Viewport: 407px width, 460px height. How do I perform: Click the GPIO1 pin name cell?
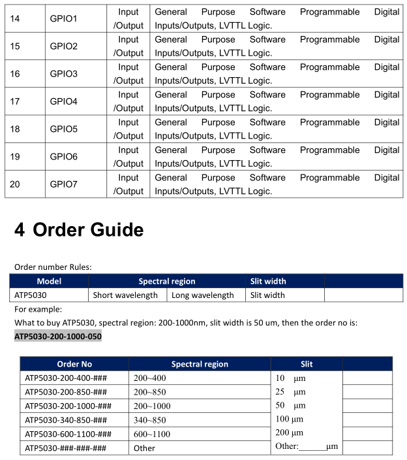[x=63, y=19]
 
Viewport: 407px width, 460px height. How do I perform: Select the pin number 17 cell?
[x=15, y=102]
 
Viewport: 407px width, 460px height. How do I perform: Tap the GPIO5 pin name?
[x=63, y=129]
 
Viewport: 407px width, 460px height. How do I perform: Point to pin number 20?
[x=15, y=185]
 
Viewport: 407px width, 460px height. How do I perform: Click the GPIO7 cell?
[x=63, y=185]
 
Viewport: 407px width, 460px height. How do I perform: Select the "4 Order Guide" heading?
[x=79, y=230]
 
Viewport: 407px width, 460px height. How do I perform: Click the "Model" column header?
[x=49, y=281]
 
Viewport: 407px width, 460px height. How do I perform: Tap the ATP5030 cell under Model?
[x=30, y=295]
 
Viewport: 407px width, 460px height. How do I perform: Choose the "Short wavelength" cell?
[x=125, y=295]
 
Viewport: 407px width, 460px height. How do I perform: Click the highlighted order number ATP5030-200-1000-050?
[x=58, y=337]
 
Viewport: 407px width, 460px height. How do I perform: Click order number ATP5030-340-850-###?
[x=65, y=419]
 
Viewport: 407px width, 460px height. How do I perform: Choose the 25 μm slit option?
[x=290, y=392]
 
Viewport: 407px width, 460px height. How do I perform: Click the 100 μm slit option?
[x=290, y=419]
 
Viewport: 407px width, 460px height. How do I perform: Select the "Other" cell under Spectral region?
[x=145, y=448]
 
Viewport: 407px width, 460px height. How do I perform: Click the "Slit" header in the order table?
[x=307, y=364]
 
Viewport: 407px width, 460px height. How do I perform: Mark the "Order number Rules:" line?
[x=53, y=267]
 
